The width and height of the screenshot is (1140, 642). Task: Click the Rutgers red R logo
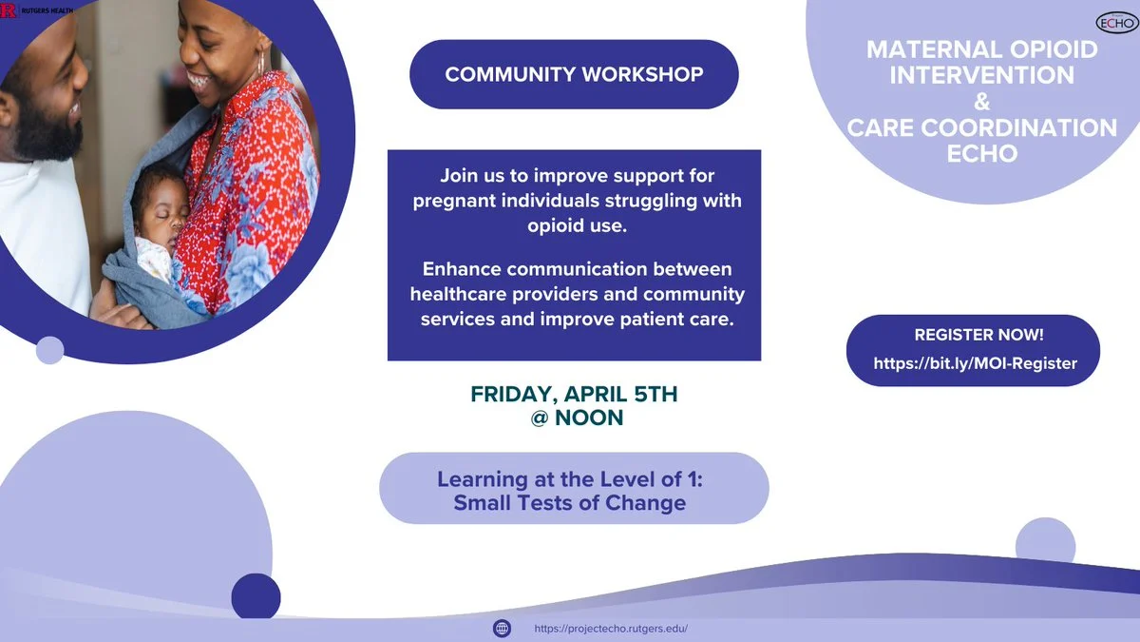pyautogui.click(x=8, y=10)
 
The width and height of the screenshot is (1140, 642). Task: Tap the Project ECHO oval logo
pyautogui.click(x=1116, y=23)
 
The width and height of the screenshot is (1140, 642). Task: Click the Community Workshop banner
pyautogui.click(x=574, y=74)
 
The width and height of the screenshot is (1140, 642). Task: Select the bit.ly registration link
pyautogui.click(x=975, y=363)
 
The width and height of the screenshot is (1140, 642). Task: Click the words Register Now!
pyautogui.click(x=978, y=335)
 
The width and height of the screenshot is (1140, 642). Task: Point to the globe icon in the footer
pyautogui.click(x=502, y=629)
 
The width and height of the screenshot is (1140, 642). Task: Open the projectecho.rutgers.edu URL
pyautogui.click(x=611, y=629)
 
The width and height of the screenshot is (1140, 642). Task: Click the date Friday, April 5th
pyautogui.click(x=574, y=394)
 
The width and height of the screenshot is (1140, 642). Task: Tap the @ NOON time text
pyautogui.click(x=577, y=418)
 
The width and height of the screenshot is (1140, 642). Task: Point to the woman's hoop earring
pyautogui.click(x=261, y=61)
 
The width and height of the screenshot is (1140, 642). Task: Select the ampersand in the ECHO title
pyautogui.click(x=981, y=102)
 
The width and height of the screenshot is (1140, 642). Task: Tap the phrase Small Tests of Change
pyautogui.click(x=569, y=503)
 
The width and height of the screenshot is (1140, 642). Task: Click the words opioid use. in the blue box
pyautogui.click(x=578, y=225)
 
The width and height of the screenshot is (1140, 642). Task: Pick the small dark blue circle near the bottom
pyautogui.click(x=256, y=597)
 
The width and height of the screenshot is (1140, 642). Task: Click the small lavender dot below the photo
pyautogui.click(x=49, y=350)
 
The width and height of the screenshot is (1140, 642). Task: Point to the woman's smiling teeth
pyautogui.click(x=200, y=80)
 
